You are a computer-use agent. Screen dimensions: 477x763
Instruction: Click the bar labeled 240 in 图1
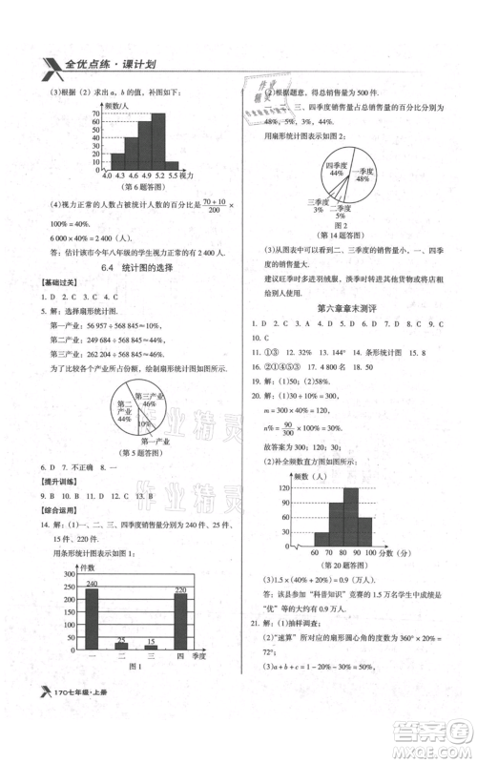(92, 624)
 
